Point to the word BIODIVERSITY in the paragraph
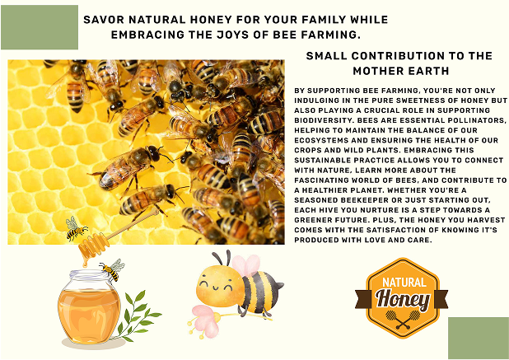click(x=325, y=120)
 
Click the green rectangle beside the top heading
click(x=40, y=27)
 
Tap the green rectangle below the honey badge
click(x=479, y=338)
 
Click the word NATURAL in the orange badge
click(x=404, y=282)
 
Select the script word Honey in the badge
click(x=403, y=299)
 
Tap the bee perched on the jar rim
click(x=113, y=269)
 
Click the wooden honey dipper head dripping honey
click(x=93, y=245)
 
